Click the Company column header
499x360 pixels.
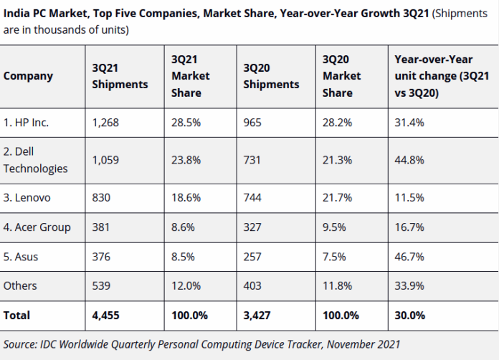click(28, 76)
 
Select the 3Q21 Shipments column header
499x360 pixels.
click(120, 76)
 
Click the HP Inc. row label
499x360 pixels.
click(27, 123)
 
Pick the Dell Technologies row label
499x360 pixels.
click(36, 160)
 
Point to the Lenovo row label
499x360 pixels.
click(29, 197)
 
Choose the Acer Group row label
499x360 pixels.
click(37, 227)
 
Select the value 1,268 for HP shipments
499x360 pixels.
click(105, 123)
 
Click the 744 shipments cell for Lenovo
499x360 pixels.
click(253, 197)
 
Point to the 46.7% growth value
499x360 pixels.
click(409, 256)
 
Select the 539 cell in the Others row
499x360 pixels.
click(102, 285)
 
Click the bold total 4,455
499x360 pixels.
click(106, 315)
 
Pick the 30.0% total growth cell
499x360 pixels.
click(410, 315)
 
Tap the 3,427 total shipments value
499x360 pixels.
click(257, 315)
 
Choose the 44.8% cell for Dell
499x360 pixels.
click(409, 160)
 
